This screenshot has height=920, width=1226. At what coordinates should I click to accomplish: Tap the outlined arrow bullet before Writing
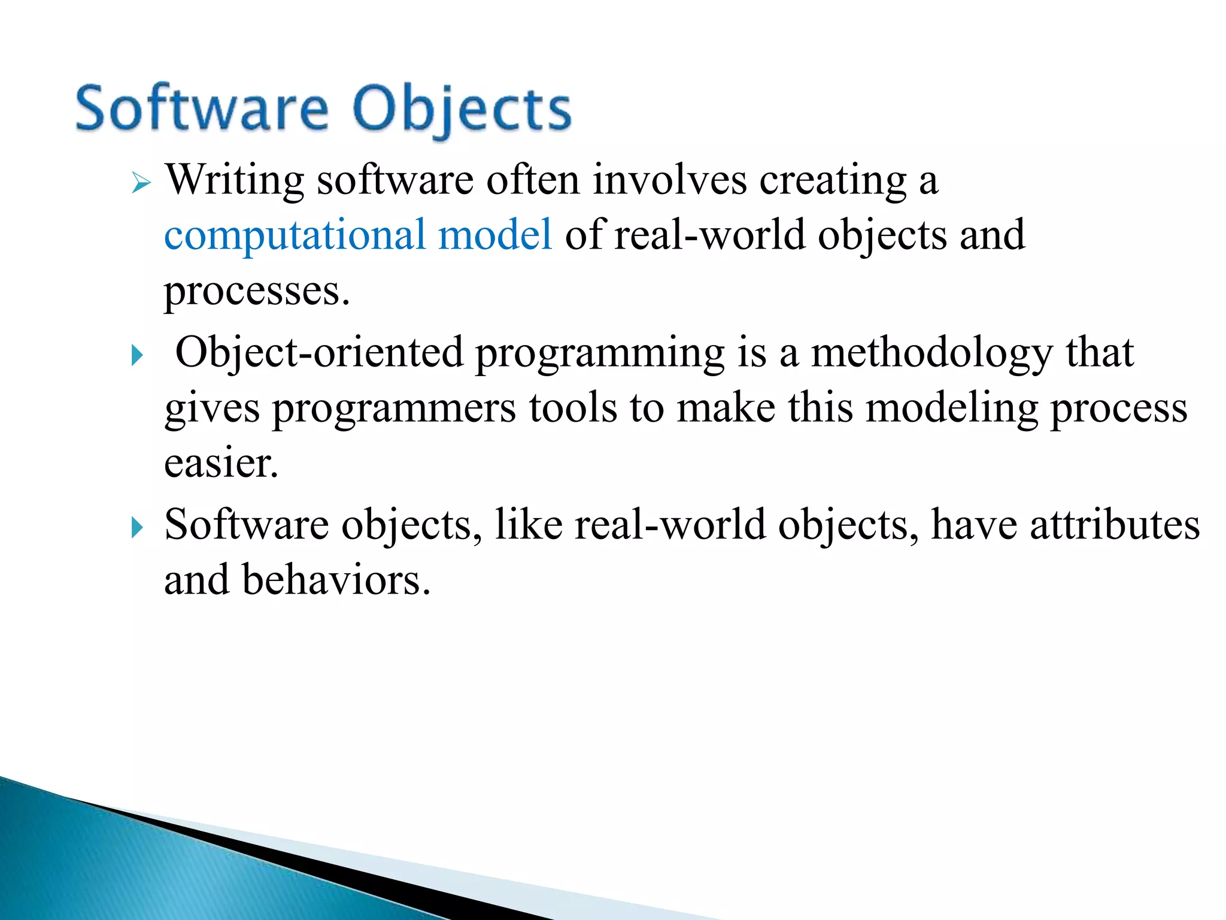coord(141,182)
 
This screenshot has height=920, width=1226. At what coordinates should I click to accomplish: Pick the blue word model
coord(495,235)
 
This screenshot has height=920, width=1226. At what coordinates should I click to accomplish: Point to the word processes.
coord(256,292)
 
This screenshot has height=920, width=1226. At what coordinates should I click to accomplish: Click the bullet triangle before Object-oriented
coord(138,356)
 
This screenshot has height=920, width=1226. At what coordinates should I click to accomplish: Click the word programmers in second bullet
coord(394,409)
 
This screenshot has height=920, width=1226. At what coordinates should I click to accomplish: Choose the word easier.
coord(221,464)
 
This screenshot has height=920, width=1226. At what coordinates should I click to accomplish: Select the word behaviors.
coord(336,581)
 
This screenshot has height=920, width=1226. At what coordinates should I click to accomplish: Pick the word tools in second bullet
coord(573,408)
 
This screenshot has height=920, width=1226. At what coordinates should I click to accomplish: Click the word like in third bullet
coord(529,525)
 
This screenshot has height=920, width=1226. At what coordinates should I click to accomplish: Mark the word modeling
coord(952,410)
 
